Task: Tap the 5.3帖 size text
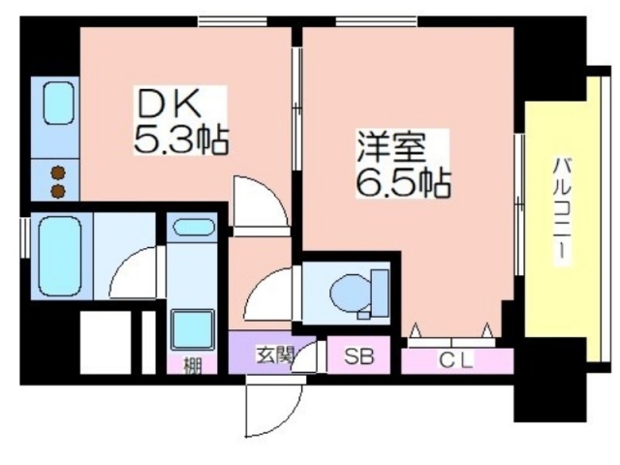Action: (181, 139)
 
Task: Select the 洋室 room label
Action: (391, 148)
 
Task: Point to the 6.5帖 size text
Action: (403, 183)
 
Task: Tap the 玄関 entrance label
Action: (274, 356)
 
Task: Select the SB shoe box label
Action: (358, 356)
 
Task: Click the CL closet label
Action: (456, 359)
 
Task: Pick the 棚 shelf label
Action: (192, 365)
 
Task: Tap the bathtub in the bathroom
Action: (60, 256)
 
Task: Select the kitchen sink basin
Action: (58, 104)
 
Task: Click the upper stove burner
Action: (58, 172)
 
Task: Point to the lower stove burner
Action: (58, 191)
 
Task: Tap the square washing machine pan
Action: (193, 329)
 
